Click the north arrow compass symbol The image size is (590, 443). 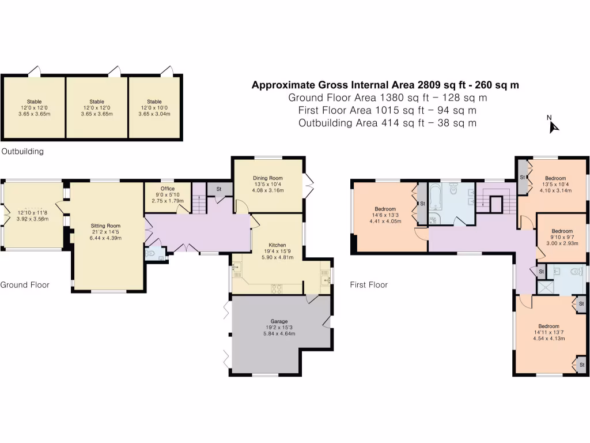point(554,125)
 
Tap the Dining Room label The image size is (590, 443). point(267,178)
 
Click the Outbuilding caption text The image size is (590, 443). point(22,152)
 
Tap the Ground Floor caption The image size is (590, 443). point(24,284)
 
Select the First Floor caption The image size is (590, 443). point(369,284)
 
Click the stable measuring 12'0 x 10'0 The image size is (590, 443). point(154,107)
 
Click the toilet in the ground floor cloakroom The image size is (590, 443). point(152,253)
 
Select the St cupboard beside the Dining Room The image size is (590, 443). point(219,189)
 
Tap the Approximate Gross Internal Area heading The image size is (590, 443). point(385,85)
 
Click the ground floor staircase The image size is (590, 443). point(199,203)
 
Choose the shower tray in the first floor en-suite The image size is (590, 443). point(543,286)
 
